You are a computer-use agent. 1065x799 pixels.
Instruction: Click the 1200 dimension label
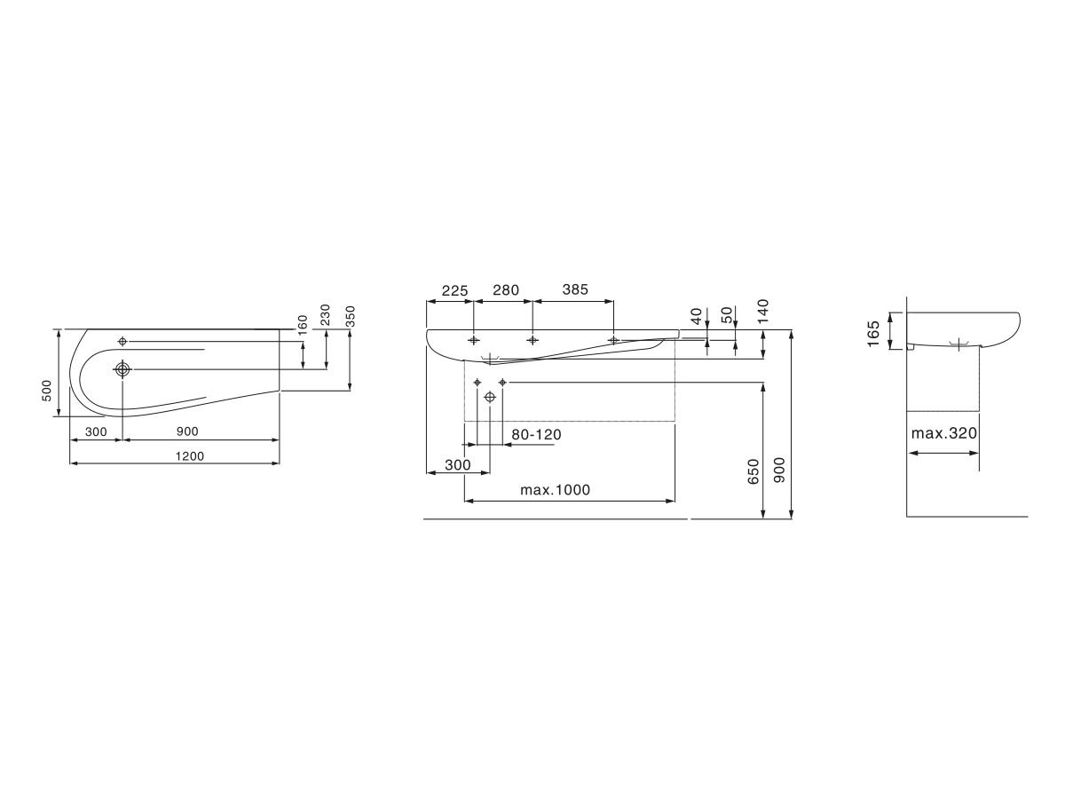[190, 456]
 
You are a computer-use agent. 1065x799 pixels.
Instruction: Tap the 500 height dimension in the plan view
[46, 391]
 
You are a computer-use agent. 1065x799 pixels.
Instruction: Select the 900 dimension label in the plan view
[187, 431]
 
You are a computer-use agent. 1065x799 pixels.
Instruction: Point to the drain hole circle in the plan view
[122, 369]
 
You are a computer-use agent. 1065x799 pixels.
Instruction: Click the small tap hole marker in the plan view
[122, 342]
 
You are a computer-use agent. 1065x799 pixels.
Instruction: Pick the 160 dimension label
[303, 325]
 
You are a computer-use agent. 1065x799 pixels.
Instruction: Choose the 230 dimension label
[325, 315]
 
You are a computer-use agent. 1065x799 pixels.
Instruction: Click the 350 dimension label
[351, 316]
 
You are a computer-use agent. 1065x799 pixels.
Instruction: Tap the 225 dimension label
[454, 290]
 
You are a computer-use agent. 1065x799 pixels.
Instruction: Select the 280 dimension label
[506, 290]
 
